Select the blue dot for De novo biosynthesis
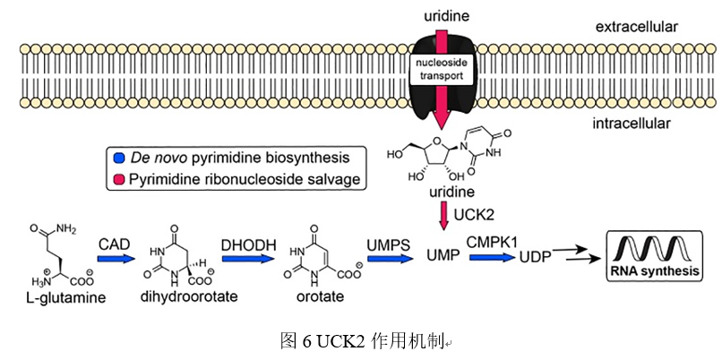[120, 158]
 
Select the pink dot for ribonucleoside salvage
[120, 180]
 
